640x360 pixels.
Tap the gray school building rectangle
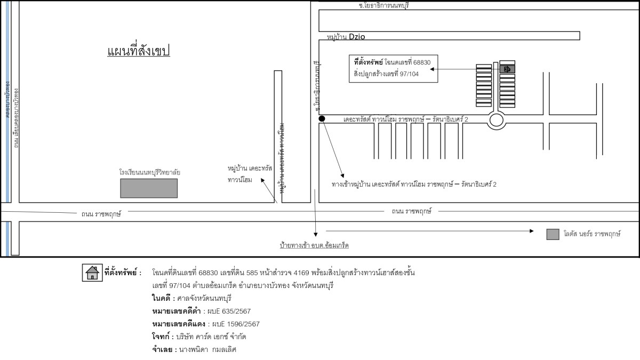click(149, 188)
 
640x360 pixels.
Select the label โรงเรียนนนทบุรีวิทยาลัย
click(150, 173)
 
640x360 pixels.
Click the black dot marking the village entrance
click(322, 119)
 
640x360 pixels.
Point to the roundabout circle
click(497, 120)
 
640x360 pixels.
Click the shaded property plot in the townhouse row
click(507, 69)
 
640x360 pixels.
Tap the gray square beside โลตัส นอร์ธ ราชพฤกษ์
click(553, 234)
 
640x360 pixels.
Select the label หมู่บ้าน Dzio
click(348, 37)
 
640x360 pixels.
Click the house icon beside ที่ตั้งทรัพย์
click(92, 273)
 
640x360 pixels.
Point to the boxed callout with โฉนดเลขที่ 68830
click(393, 68)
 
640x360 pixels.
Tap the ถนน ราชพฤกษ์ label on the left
click(101, 214)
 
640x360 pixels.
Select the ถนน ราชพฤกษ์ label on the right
click(411, 211)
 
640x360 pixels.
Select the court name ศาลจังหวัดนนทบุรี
click(205, 298)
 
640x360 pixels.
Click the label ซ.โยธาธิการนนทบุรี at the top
click(387, 5)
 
